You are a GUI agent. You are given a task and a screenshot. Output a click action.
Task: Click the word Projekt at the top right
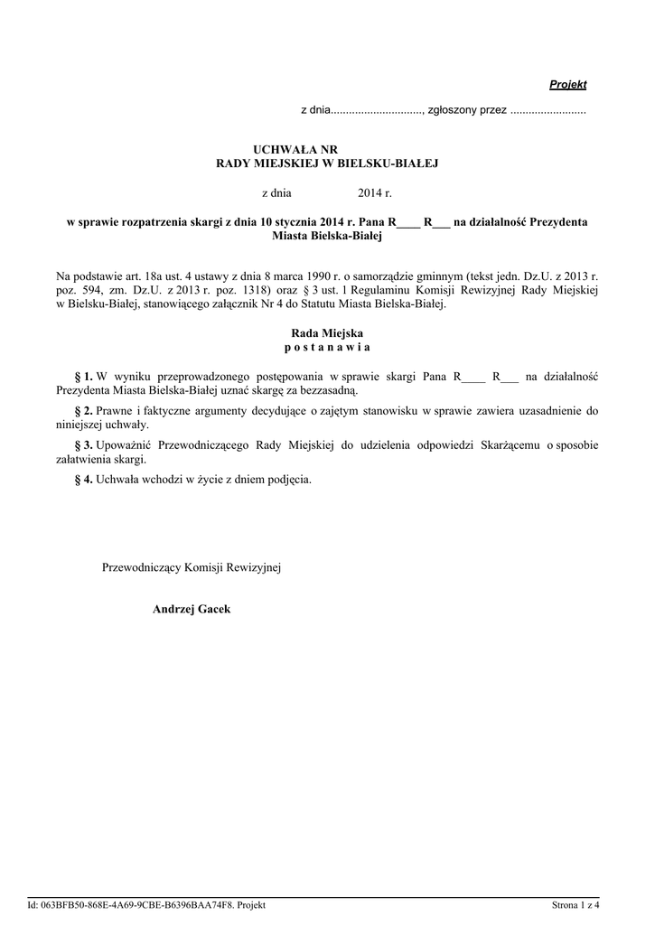pyautogui.click(x=568, y=85)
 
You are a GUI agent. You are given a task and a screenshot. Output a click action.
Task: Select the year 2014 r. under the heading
pyautogui.click(x=375, y=193)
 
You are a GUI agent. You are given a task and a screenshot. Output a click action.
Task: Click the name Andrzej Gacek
pyautogui.click(x=192, y=610)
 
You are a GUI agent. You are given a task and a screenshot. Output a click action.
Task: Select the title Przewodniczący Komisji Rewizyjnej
pyautogui.click(x=192, y=567)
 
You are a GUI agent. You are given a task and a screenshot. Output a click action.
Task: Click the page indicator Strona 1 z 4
pyautogui.click(x=575, y=905)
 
